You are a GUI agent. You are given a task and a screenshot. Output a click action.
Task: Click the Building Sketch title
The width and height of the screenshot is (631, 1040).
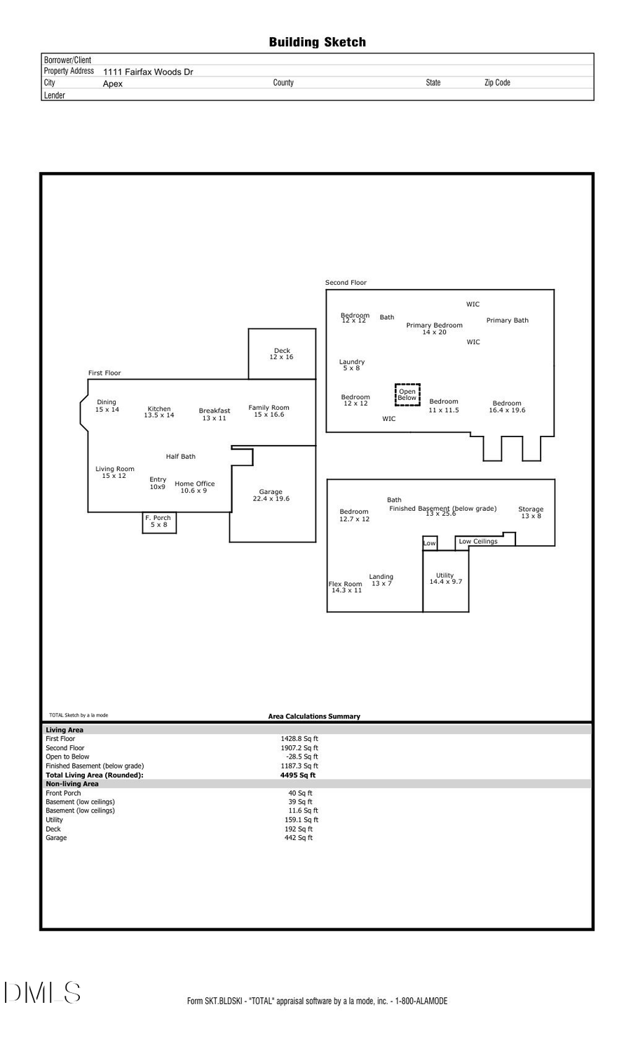[317, 42]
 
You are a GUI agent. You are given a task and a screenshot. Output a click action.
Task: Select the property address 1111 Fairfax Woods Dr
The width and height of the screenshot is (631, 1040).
[148, 72]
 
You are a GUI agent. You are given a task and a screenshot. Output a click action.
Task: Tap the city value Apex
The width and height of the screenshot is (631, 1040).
[112, 84]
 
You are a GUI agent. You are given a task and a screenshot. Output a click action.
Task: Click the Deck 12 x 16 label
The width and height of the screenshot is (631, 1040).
[282, 354]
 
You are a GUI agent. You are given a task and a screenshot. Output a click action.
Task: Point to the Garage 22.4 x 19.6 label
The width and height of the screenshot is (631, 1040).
[271, 495]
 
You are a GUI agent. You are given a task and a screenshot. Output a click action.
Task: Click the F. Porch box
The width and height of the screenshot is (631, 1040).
[158, 521]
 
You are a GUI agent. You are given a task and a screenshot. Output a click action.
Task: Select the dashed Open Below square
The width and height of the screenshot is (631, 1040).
[407, 395]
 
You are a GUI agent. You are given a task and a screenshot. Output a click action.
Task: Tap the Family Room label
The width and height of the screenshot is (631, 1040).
[269, 411]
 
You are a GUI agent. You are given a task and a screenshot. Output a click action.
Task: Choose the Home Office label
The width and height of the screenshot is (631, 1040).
[194, 487]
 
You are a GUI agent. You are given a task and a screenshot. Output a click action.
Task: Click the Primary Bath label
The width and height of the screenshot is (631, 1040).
[507, 320]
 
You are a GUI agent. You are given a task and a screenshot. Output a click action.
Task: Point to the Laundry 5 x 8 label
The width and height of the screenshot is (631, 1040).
[351, 365]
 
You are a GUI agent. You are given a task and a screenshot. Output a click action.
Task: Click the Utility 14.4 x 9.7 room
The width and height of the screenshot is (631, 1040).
[445, 579]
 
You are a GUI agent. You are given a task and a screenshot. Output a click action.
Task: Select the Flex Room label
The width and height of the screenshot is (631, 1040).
[346, 587]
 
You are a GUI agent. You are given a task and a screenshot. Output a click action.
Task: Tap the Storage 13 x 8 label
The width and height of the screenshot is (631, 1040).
[531, 512]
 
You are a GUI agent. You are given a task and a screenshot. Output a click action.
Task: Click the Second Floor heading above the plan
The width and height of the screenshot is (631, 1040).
[346, 283]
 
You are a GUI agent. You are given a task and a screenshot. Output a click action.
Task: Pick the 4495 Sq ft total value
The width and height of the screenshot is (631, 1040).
[298, 775]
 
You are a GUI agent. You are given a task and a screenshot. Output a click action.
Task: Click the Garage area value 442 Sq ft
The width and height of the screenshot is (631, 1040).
[299, 838]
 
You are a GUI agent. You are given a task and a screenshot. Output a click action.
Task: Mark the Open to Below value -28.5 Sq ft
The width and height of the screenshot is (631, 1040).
[302, 757]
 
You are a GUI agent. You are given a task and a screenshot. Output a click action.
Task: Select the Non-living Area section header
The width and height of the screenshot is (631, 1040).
[72, 784]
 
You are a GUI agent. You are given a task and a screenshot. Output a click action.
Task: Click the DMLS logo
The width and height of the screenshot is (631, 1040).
[42, 993]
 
